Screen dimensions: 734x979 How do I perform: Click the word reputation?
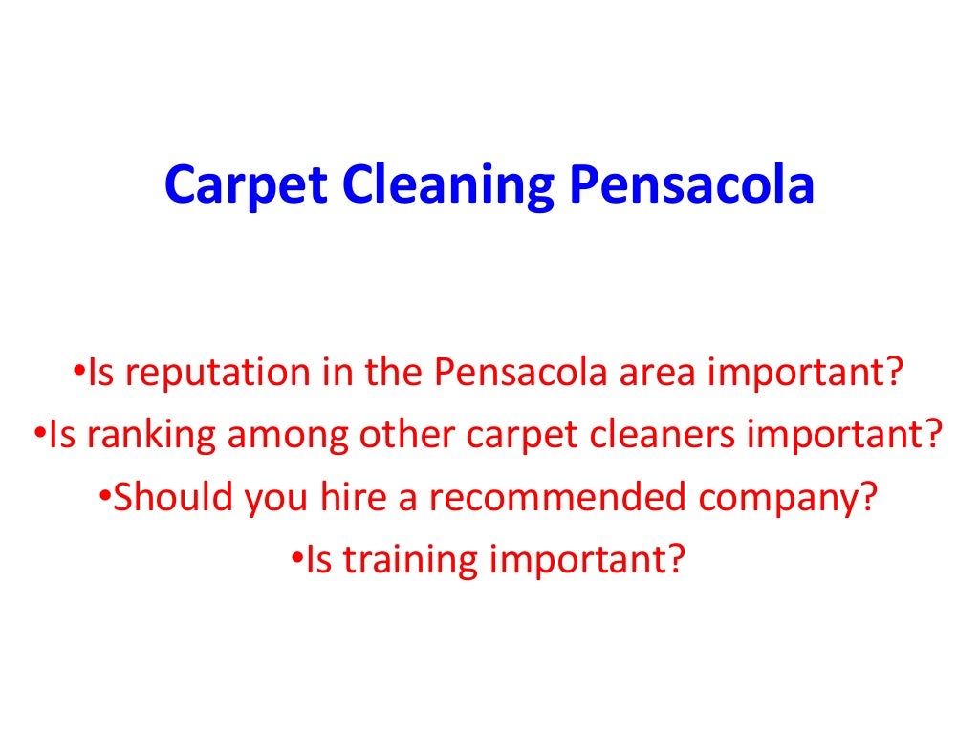[215, 374]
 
